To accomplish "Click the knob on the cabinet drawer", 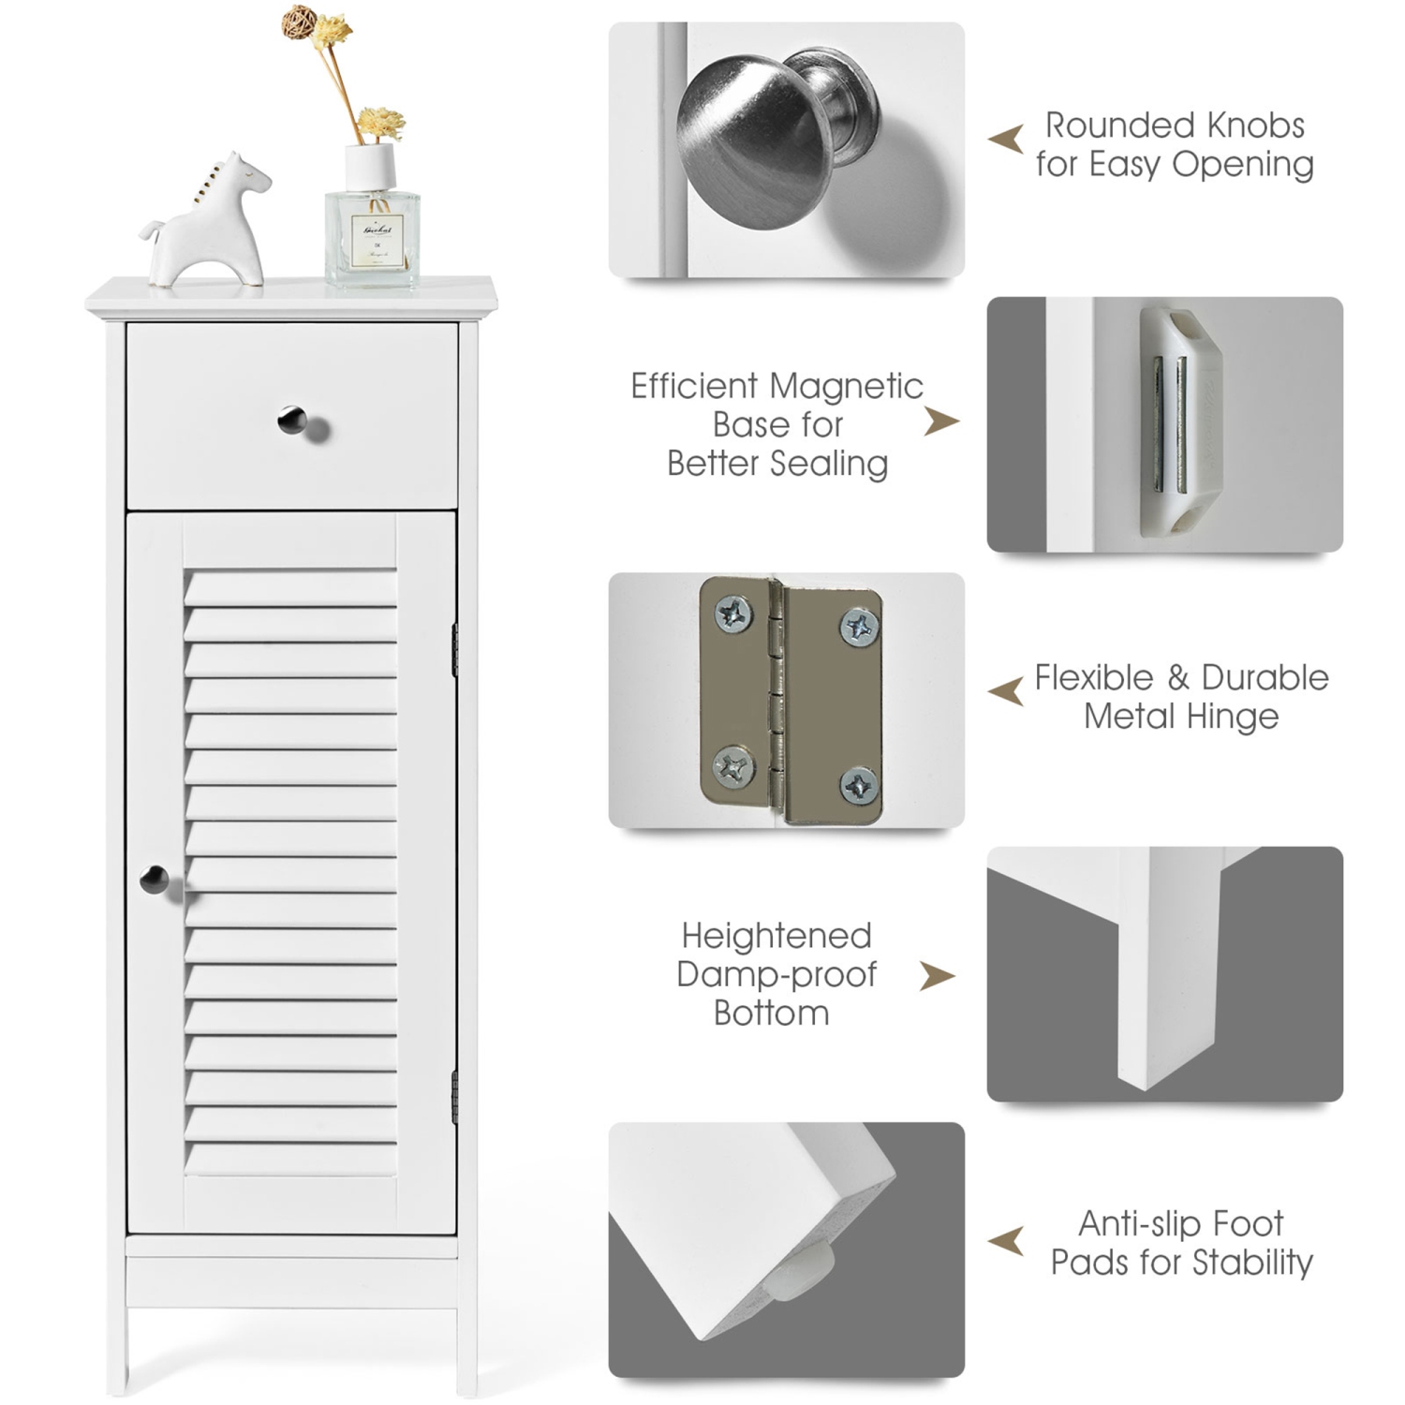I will pyautogui.click(x=292, y=421).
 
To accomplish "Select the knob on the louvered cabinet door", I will pyautogui.click(x=154, y=880).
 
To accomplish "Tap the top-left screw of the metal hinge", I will pyautogui.click(x=733, y=615).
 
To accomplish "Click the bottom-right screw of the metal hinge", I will pyautogui.click(x=859, y=785).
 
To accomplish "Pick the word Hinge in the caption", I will pyautogui.click(x=1231, y=717).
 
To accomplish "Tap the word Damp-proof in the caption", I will pyautogui.click(x=776, y=974).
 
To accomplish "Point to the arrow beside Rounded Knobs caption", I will pyautogui.click(x=1006, y=140).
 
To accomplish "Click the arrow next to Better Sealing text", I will pyautogui.click(x=940, y=421).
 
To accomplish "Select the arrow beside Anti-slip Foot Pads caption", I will pyautogui.click(x=1006, y=1241).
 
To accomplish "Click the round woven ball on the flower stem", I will pyautogui.click(x=300, y=21).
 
